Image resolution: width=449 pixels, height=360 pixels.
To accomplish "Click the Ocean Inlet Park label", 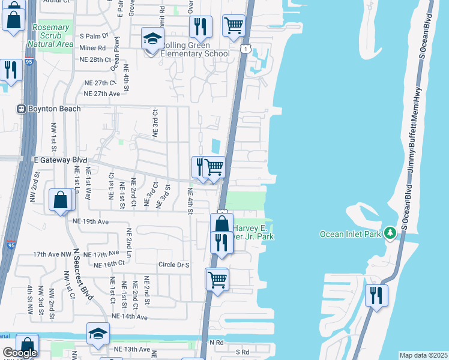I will coord(351,234).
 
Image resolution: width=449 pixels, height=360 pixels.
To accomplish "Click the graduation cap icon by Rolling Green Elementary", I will coord(152,39).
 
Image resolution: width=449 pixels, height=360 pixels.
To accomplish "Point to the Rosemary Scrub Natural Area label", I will coord(50,36).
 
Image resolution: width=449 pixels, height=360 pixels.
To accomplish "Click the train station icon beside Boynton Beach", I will coord(20,109).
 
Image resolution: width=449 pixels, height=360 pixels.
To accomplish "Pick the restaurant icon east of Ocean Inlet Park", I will coord(376,295).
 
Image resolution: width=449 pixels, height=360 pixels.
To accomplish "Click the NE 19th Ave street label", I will coord(90,221).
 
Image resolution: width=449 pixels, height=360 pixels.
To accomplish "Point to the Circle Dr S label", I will coord(173,265).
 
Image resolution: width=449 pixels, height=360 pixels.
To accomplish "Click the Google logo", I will coord(20,353).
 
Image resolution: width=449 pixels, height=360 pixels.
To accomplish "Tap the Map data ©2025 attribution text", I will coord(423,355).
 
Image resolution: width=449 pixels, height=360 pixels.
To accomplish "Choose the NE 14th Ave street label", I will coord(129,316).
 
